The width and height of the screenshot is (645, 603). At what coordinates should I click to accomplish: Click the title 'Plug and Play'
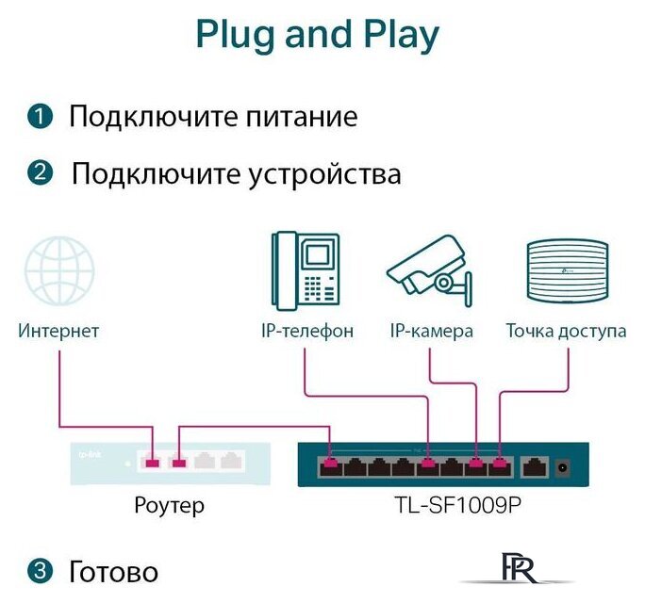point(317,35)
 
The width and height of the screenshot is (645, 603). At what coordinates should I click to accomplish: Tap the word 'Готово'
point(113,571)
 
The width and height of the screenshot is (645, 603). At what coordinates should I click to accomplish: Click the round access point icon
point(566,271)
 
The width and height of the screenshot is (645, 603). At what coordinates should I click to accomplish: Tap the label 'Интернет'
point(58,331)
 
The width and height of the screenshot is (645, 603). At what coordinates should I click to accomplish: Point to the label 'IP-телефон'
point(307,331)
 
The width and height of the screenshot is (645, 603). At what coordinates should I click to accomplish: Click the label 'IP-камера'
point(431,331)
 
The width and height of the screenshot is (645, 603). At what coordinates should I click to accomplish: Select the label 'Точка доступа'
point(566,331)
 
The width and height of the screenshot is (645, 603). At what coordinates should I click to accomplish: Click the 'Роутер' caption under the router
point(169,506)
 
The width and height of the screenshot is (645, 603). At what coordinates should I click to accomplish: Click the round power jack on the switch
point(564,464)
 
